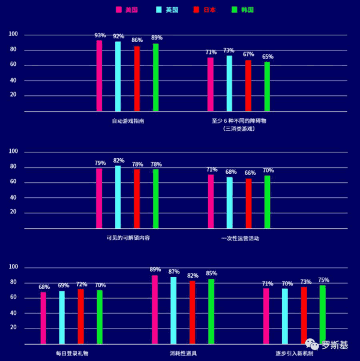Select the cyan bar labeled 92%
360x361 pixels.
click(x=118, y=77)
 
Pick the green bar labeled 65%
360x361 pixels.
click(x=267, y=87)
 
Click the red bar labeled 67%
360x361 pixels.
click(x=248, y=86)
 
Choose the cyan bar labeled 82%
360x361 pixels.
click(x=118, y=197)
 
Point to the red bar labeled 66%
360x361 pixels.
click(x=248, y=204)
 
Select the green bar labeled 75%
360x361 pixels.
click(x=323, y=314)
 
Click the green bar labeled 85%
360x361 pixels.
click(x=211, y=311)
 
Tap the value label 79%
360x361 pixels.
click(x=100, y=163)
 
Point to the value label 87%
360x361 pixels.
click(x=173, y=272)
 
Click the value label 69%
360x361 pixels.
click(x=62, y=286)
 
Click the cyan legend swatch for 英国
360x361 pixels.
click(x=159, y=10)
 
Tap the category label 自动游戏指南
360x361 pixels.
click(x=128, y=121)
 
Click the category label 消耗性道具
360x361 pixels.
click(x=183, y=353)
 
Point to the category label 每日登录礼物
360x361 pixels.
click(x=72, y=353)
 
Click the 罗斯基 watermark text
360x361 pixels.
click(x=334, y=345)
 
